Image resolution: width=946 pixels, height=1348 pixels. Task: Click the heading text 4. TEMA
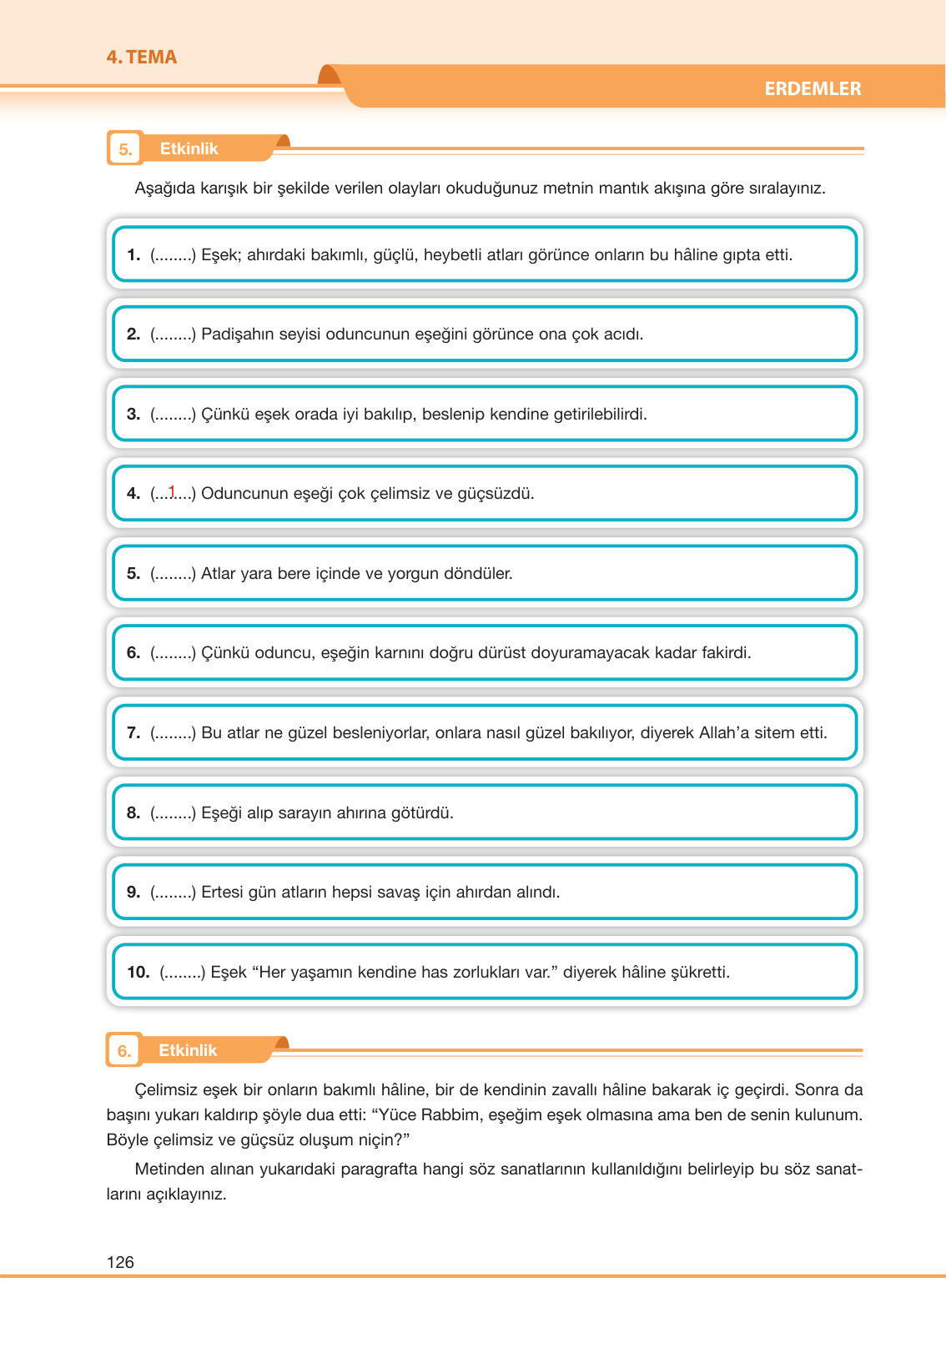pyautogui.click(x=141, y=58)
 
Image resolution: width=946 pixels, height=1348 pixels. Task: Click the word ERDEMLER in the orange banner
pyautogui.click(x=812, y=88)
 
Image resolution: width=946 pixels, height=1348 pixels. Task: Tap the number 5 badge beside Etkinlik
pyautogui.click(x=125, y=149)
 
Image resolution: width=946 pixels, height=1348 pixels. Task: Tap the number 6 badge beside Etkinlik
pyautogui.click(x=123, y=1051)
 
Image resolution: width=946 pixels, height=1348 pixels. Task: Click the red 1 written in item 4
pyautogui.click(x=172, y=491)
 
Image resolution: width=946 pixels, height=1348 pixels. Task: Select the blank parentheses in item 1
pyautogui.click(x=173, y=255)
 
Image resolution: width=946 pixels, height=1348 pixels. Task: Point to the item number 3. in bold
pyautogui.click(x=133, y=415)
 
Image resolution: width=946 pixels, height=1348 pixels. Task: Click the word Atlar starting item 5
pyautogui.click(x=219, y=574)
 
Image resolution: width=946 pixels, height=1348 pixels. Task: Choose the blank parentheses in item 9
pyautogui.click(x=173, y=893)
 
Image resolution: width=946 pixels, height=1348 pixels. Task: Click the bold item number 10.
pyautogui.click(x=138, y=973)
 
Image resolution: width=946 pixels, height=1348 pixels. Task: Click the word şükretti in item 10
pyautogui.click(x=700, y=973)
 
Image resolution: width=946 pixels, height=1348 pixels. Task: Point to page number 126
pyautogui.click(x=120, y=1262)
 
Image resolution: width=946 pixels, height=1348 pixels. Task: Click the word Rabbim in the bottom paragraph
pyautogui.click(x=452, y=1115)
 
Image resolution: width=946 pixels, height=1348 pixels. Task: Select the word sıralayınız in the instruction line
pyautogui.click(x=787, y=189)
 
